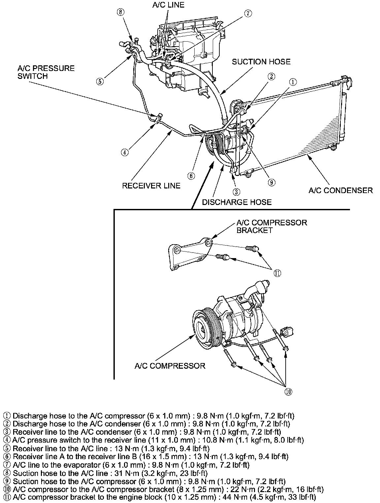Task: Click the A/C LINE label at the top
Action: [x=168, y=5]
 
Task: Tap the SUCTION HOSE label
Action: [x=261, y=62]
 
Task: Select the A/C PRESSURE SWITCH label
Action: [x=46, y=72]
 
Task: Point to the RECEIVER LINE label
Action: [x=151, y=186]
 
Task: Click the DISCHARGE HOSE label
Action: [x=237, y=202]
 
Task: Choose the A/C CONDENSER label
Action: [x=341, y=190]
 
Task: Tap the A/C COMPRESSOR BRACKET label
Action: [x=271, y=226]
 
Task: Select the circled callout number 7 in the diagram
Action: [x=248, y=13]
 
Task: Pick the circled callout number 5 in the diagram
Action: [x=100, y=81]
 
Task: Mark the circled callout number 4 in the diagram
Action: [x=124, y=152]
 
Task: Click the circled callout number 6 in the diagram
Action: [x=191, y=176]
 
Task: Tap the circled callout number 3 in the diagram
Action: [x=236, y=192]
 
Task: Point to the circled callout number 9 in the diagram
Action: [x=271, y=183]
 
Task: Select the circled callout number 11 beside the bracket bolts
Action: [x=277, y=273]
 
